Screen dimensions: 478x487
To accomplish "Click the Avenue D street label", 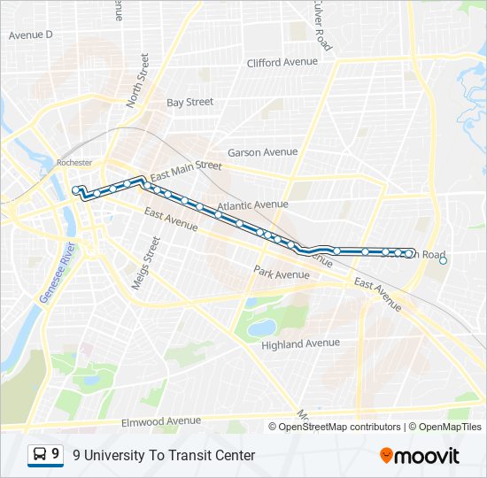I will (31, 35).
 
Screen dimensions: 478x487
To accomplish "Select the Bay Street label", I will (189, 103).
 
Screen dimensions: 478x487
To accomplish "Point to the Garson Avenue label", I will (262, 152).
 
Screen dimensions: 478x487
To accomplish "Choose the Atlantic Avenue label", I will (252, 204).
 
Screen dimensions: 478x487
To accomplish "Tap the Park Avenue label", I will (281, 274).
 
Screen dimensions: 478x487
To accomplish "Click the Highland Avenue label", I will (300, 343).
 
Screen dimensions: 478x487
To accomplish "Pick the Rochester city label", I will (73, 163).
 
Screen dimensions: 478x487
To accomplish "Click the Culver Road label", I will (321, 25).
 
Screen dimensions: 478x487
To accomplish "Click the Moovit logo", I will (420, 456).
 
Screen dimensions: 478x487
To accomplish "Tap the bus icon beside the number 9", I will (40, 455).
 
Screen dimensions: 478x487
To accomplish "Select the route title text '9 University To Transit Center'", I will (164, 456).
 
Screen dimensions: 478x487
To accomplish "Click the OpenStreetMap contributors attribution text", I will (339, 427).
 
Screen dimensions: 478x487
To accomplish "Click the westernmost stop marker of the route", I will (75, 189).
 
